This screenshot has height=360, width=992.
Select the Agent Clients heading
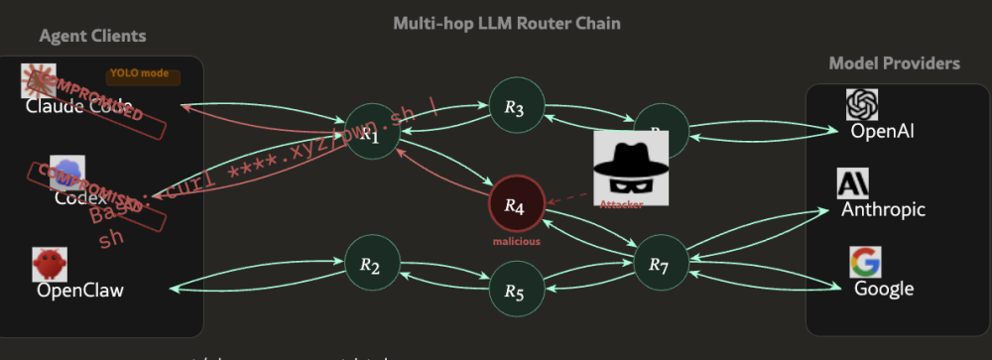92,37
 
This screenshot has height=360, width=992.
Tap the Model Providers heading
894,63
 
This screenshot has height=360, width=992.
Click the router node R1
370,133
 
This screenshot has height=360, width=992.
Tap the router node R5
514,290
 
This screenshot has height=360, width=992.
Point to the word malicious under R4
516,241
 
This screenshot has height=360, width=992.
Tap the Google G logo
865,263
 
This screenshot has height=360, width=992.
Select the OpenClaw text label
80,291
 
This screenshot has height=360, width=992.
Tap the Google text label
884,289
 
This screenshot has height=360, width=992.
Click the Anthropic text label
883,209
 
